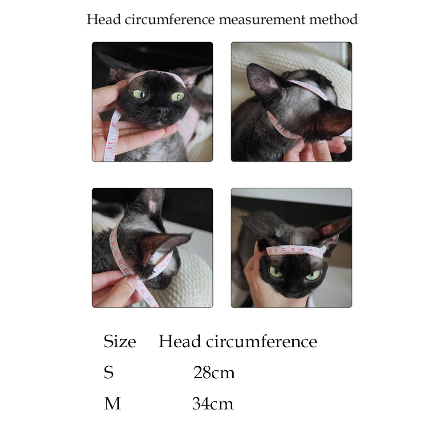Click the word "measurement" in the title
(x=262, y=19)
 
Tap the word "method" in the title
(x=333, y=19)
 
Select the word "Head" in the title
(x=104, y=19)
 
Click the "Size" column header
(x=120, y=341)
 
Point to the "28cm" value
(x=214, y=372)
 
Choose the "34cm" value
(x=213, y=404)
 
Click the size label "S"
(x=109, y=372)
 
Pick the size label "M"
(x=113, y=404)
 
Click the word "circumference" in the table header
(x=261, y=341)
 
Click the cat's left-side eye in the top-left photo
(x=138, y=94)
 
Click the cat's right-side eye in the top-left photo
(x=178, y=97)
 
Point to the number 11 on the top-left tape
(x=111, y=143)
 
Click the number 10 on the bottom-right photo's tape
(x=293, y=250)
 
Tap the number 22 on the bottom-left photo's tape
(x=121, y=262)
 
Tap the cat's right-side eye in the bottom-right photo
(x=313, y=275)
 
